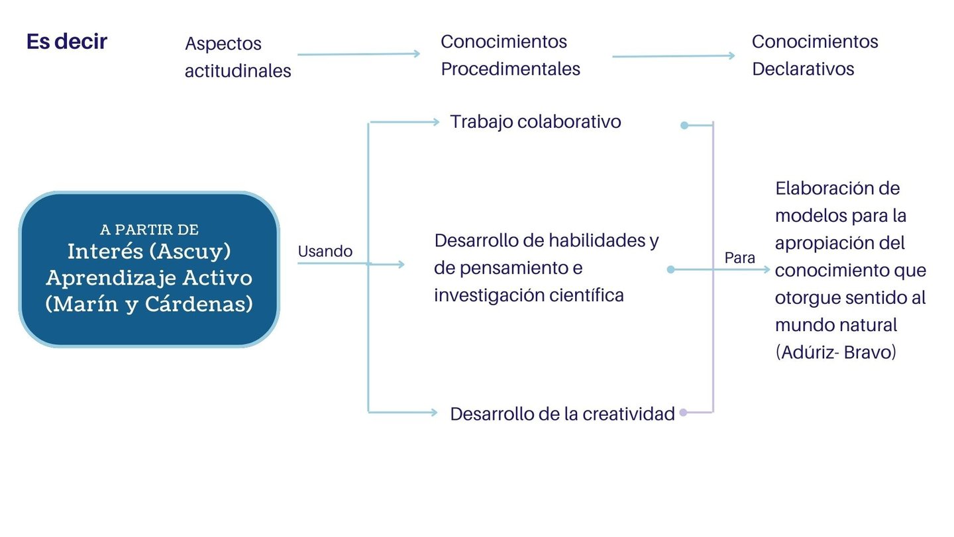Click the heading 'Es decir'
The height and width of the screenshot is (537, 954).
67,42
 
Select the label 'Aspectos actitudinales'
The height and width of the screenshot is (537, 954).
238,57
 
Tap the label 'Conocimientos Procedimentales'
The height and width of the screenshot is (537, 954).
510,55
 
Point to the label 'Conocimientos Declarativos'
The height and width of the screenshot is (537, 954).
814,55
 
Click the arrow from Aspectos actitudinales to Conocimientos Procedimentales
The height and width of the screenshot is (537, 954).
358,54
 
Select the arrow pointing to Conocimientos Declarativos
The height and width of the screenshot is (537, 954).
673,56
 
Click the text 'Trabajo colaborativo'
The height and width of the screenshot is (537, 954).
535,122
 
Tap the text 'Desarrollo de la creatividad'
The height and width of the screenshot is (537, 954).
562,414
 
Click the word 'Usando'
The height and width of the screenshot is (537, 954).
325,252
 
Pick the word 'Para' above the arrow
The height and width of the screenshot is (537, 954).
739,258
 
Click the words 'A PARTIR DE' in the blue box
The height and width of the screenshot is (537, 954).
150,230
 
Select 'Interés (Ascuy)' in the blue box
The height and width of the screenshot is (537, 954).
149,252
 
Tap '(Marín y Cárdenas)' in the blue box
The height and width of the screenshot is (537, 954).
149,304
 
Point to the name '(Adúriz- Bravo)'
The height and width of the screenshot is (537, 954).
835,352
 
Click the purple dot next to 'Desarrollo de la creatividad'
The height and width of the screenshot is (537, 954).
684,413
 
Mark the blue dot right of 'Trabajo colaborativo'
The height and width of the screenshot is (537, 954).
684,124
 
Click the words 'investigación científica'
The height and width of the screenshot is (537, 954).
529,295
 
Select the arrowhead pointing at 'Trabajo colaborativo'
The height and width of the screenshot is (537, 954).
435,122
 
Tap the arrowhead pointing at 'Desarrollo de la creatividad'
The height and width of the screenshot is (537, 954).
434,413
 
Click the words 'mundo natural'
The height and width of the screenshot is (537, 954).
836,325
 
